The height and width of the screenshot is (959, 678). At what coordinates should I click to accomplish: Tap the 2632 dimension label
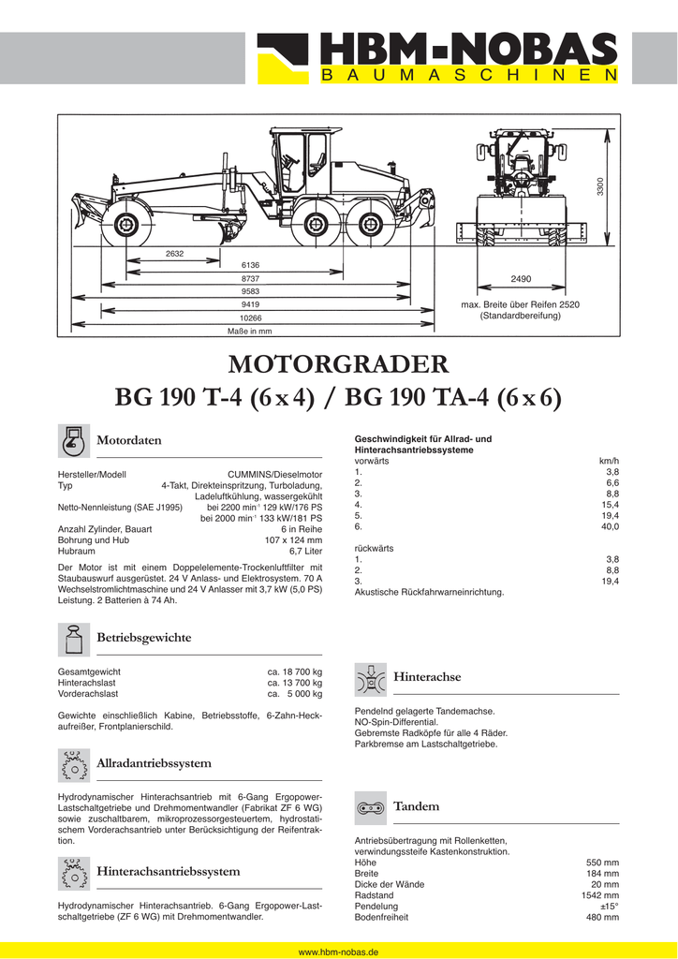click(x=174, y=255)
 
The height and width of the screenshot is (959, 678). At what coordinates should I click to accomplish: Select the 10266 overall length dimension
click(x=250, y=318)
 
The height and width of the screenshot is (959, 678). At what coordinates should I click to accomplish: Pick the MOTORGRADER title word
click(x=338, y=363)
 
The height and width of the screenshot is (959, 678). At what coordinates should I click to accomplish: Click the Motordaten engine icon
click(x=72, y=439)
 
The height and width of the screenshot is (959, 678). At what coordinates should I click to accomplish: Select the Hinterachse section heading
click(x=427, y=676)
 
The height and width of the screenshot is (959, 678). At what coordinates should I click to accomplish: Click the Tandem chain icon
click(x=371, y=806)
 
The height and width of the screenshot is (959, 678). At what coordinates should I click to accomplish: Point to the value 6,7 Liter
click(x=305, y=553)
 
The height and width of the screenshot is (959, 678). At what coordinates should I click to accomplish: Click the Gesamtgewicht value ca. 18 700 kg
click(x=295, y=671)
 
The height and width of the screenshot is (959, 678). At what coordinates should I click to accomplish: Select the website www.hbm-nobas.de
click(x=338, y=951)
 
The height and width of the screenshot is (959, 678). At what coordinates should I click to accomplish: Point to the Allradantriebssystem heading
click(x=154, y=764)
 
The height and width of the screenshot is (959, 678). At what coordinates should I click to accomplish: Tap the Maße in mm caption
click(x=250, y=332)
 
